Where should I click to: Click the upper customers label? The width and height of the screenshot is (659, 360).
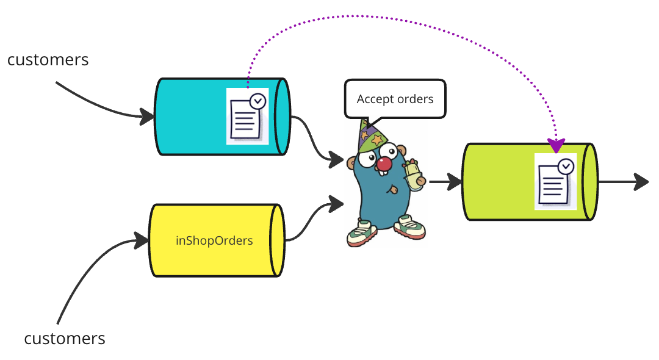click(48, 60)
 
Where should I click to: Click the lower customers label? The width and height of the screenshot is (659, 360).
click(65, 338)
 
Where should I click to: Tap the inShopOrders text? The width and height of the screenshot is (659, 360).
click(214, 240)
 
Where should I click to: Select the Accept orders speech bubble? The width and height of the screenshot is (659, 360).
click(395, 99)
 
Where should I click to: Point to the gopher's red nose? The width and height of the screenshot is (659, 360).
click(383, 164)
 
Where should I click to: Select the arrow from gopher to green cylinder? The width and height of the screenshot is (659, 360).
click(445, 181)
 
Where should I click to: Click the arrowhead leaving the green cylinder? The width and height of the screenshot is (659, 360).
click(641, 181)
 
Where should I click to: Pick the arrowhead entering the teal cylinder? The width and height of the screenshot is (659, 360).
click(146, 116)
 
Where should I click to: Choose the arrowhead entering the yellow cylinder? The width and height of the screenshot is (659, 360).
click(142, 240)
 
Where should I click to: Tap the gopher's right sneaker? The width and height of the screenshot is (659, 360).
click(409, 227)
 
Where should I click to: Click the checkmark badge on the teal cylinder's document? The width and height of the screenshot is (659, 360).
click(258, 101)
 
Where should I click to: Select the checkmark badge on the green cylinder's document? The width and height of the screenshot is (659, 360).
click(566, 166)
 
